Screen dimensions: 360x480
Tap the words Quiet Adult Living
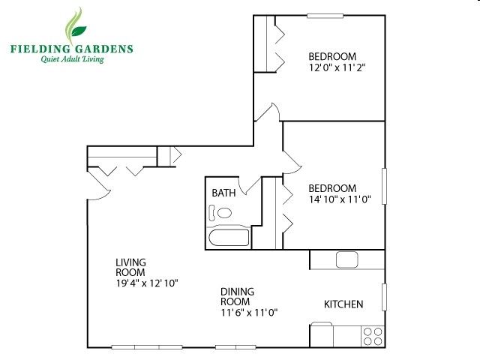pyautogui.click(x=72, y=60)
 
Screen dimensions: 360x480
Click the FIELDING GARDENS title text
pyautogui.click(x=72, y=49)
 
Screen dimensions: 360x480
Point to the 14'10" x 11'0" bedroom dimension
pyautogui.click(x=341, y=199)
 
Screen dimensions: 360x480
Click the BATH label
pyautogui.click(x=223, y=193)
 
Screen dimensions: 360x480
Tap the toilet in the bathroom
pyautogui.click(x=223, y=213)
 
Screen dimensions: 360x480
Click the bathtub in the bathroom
pyautogui.click(x=229, y=238)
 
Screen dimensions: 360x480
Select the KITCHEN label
pyautogui.click(x=343, y=304)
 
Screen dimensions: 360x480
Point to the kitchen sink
pyautogui.click(x=346, y=260)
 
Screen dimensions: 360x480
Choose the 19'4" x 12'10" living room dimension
pyautogui.click(x=146, y=283)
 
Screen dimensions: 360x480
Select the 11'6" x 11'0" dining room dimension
pyautogui.click(x=249, y=313)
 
